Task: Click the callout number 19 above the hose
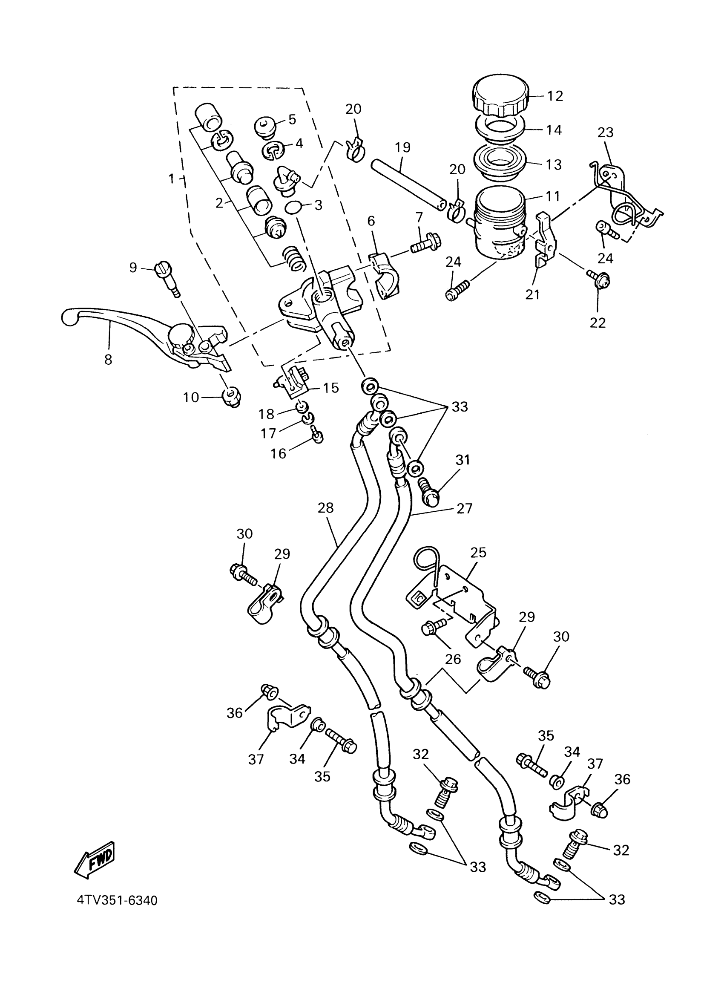pyautogui.click(x=402, y=147)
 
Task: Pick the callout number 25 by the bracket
pyautogui.click(x=478, y=552)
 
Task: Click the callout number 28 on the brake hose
pyautogui.click(x=326, y=508)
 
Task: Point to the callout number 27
pyautogui.click(x=465, y=508)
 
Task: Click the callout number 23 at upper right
pyautogui.click(x=606, y=132)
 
